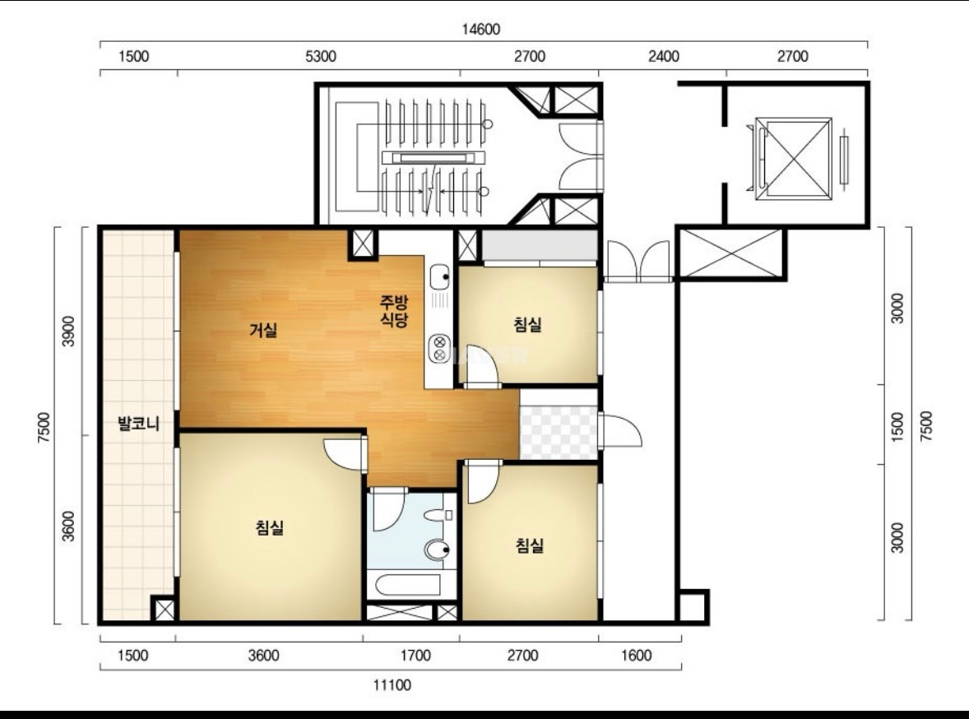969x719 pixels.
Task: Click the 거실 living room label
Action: [x=263, y=330]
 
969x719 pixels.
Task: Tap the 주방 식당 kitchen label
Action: [x=394, y=310]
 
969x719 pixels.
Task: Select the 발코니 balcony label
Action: [x=139, y=424]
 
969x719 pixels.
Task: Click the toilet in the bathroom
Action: [x=438, y=549]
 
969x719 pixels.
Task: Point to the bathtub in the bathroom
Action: [x=408, y=585]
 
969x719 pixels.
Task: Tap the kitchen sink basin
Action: [x=439, y=276]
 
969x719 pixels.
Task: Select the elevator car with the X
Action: [x=794, y=158]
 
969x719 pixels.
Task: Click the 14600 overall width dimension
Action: [x=480, y=29]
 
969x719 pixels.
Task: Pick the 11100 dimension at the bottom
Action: [x=392, y=685]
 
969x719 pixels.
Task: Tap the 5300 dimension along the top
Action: [x=321, y=57]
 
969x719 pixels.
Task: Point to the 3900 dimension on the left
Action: [x=68, y=332]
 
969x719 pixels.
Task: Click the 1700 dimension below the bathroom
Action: [x=415, y=656]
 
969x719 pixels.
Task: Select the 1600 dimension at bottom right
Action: [x=636, y=656]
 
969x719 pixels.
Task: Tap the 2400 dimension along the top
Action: [x=664, y=57]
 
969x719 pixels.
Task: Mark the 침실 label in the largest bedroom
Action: [x=270, y=527]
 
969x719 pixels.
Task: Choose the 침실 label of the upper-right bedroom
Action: [x=528, y=324]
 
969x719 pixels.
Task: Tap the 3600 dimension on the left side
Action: [x=68, y=526]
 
